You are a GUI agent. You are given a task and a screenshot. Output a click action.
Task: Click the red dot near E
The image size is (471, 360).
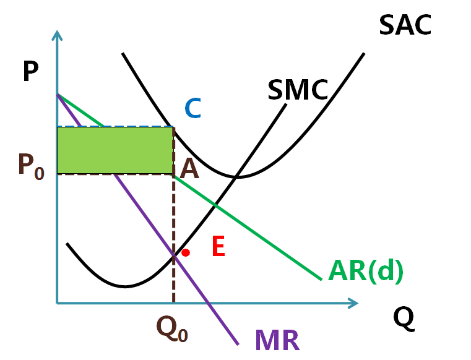click(185, 252)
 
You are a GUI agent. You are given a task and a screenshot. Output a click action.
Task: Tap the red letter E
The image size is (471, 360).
click(218, 247)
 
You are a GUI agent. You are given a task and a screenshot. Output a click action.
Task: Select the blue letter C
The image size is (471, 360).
click(193, 109)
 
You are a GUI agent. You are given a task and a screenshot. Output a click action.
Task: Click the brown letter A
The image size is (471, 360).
click(189, 168)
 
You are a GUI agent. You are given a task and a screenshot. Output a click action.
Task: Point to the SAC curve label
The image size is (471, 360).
click(405, 25)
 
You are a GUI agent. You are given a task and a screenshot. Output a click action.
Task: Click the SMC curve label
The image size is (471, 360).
click(298, 90)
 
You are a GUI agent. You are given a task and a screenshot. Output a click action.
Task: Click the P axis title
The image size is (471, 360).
click(30, 72)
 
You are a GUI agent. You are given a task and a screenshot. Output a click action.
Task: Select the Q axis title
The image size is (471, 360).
click(403, 318)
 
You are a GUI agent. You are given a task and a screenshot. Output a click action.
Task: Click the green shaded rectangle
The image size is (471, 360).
click(115, 150)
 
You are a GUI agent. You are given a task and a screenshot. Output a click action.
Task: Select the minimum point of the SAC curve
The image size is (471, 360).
click(238, 177)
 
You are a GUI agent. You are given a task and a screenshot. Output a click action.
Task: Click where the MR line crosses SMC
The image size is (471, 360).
click(174, 256)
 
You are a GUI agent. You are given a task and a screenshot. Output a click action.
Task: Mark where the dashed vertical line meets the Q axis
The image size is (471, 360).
click(173, 303)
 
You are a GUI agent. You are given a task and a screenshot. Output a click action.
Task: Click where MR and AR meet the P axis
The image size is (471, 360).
click(57, 95)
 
